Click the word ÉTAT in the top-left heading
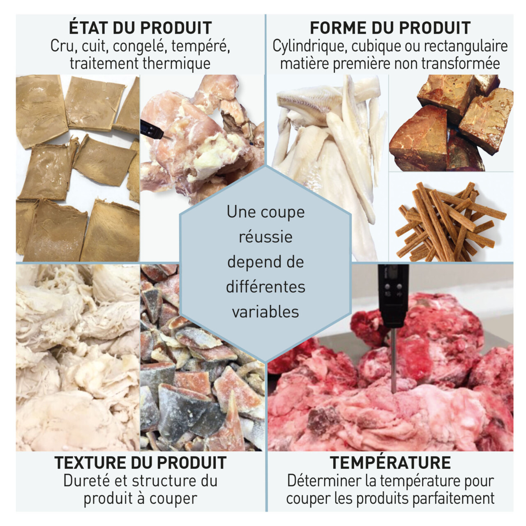pyautogui.click(x=88, y=27)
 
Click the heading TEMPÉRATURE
pyautogui.click(x=390, y=462)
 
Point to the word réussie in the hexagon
pyautogui.click(x=265, y=236)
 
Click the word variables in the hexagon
pyautogui.click(x=265, y=311)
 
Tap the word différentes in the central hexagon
pyautogui.click(x=265, y=286)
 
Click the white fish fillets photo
pyautogui.click(x=328, y=168)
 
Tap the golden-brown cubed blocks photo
pyautogui.click(x=451, y=123)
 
